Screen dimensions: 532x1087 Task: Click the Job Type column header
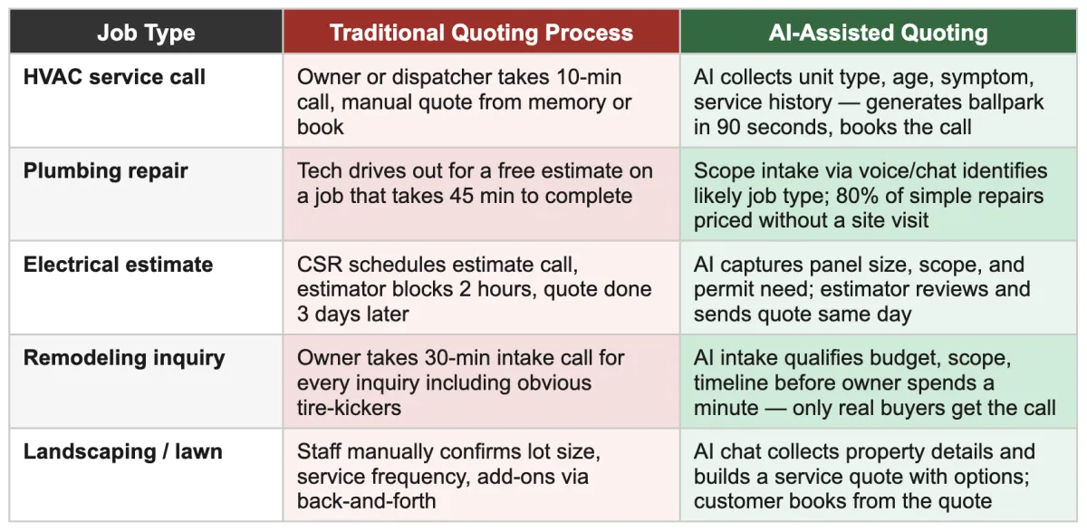point(146,34)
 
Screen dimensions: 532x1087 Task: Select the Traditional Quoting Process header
point(481,34)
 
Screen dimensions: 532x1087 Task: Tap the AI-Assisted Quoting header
point(877,34)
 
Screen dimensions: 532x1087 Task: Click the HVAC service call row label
point(114,78)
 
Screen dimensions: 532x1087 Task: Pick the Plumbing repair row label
point(105,171)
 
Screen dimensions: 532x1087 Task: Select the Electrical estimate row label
point(118,265)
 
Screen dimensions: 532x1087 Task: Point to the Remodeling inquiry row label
point(124,358)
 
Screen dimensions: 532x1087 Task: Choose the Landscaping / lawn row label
point(122,451)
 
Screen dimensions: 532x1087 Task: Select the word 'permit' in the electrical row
point(723,289)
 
